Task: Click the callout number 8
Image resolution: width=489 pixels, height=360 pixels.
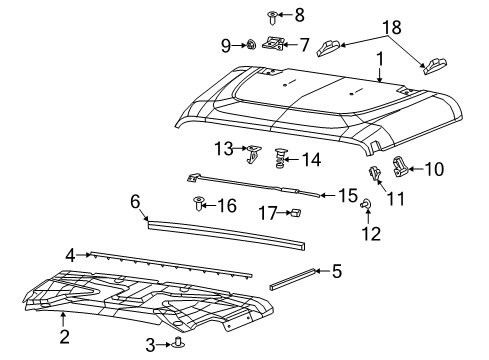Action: pos(269,14)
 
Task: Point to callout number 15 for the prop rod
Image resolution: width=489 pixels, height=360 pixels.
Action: pos(348,194)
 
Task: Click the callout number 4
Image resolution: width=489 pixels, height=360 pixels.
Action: pos(70,255)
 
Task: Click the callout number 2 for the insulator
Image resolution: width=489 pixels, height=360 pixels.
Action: pos(63,336)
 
